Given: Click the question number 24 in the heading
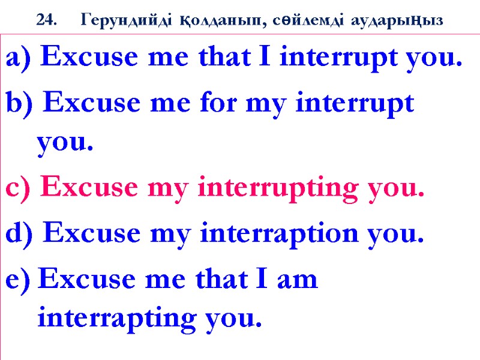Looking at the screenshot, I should (x=44, y=20).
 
